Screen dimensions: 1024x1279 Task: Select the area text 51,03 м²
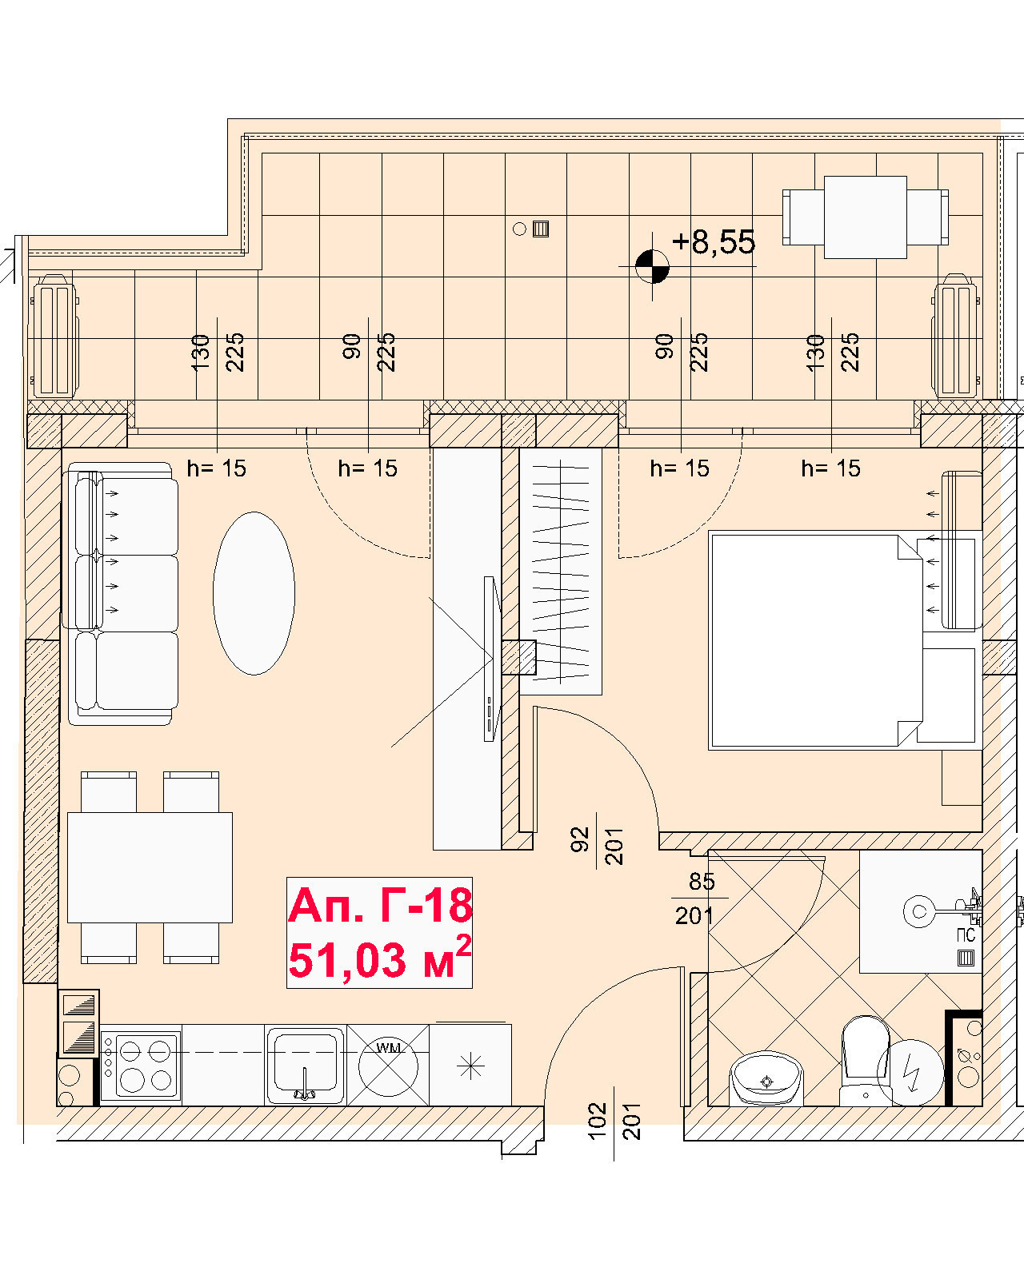(380, 958)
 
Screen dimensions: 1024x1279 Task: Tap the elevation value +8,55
(714, 242)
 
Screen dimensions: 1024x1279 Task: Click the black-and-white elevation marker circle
(652, 266)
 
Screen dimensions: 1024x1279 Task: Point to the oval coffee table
(254, 593)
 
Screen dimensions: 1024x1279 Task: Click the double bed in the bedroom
(815, 640)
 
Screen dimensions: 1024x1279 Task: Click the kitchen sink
(306, 1064)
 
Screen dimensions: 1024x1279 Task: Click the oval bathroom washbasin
(766, 1078)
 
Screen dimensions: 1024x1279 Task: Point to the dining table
(150, 867)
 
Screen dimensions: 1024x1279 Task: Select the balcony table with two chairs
(865, 217)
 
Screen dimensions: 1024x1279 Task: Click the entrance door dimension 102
(598, 1121)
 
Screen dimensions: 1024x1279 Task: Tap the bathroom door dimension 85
(702, 882)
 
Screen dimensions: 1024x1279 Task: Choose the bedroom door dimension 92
(579, 840)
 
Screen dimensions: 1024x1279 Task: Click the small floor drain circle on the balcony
(519, 229)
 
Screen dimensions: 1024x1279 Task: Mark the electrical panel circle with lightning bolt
(910, 1072)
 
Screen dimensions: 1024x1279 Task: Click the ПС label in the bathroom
(966, 936)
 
